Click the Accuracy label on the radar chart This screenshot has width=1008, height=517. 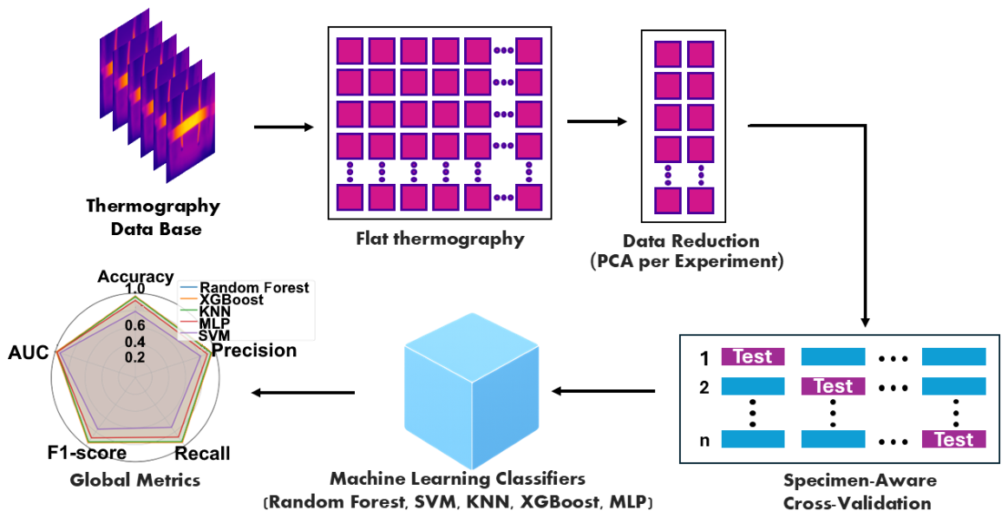(135, 277)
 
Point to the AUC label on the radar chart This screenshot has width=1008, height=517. (29, 352)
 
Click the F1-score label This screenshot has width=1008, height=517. (87, 453)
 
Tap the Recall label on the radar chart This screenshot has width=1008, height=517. (202, 454)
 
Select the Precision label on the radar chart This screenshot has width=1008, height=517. (254, 350)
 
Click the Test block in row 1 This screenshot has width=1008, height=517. (753, 357)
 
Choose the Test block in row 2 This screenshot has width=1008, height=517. (833, 386)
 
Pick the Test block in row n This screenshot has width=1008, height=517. (954, 439)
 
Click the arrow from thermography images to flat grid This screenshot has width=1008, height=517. (285, 127)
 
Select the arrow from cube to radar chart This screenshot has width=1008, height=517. (303, 392)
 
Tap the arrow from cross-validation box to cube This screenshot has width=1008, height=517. (604, 391)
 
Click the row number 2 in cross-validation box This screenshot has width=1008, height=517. (704, 388)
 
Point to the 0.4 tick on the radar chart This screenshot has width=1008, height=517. (134, 342)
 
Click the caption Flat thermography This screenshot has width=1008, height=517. (441, 239)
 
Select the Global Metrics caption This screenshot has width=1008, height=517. (135, 480)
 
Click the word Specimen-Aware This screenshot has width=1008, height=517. (860, 481)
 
